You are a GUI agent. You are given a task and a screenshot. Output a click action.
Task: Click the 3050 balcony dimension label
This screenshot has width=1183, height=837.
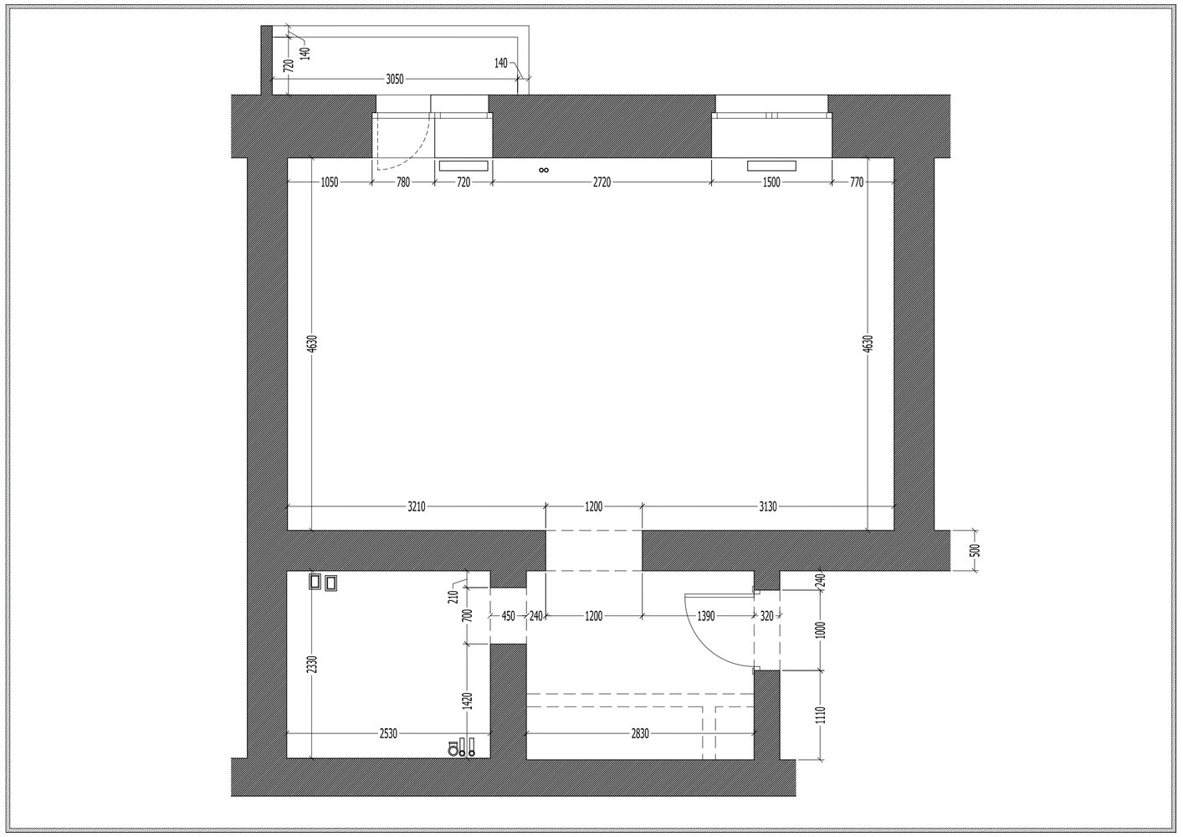click(395, 80)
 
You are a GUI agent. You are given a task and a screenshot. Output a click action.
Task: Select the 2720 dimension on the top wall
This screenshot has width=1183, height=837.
click(602, 182)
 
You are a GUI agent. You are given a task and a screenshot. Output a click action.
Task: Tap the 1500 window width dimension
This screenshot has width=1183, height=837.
click(771, 182)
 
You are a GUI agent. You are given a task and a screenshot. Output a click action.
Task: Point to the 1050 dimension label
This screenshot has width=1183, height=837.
click(329, 182)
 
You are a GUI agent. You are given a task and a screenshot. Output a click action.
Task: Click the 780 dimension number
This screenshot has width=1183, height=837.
click(403, 182)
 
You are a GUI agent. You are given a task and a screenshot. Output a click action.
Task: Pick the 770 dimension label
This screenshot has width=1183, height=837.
click(857, 182)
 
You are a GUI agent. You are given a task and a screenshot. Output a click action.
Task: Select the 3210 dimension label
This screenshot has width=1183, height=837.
click(416, 506)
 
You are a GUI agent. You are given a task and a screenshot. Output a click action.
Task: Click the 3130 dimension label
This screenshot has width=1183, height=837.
click(768, 506)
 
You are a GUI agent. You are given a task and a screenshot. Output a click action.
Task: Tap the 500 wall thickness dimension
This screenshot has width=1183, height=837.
click(976, 550)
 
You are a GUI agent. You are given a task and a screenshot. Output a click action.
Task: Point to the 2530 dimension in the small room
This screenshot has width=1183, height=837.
click(388, 733)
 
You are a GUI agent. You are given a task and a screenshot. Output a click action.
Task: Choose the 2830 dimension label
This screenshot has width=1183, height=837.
click(639, 733)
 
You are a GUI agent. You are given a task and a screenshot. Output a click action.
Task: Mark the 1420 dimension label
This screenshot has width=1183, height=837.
click(468, 701)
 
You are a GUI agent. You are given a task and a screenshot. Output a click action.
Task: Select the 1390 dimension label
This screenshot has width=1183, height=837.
click(705, 616)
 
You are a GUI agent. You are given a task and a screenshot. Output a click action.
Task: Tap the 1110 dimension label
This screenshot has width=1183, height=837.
click(820, 715)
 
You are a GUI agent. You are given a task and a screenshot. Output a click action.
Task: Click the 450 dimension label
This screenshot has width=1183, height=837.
click(508, 616)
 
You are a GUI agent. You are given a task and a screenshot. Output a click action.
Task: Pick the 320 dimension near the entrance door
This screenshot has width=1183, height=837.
click(766, 616)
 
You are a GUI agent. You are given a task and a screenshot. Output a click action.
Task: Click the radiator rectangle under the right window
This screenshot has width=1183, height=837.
click(771, 166)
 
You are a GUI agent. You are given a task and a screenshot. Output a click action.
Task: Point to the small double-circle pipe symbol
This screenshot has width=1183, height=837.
click(544, 170)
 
